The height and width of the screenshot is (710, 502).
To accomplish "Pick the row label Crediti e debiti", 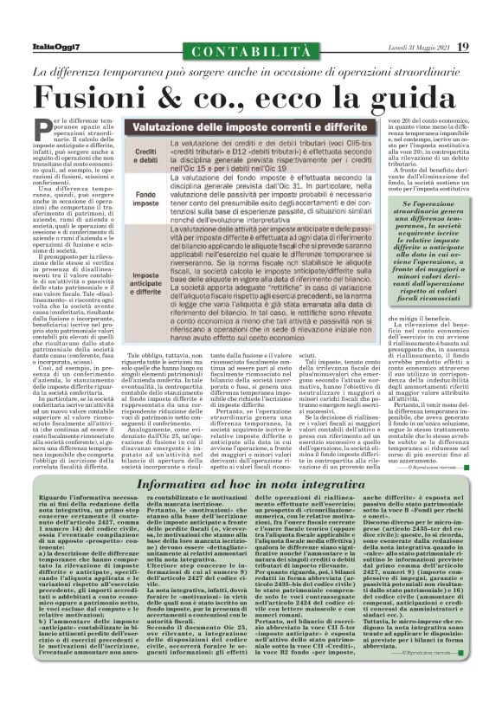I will point(125,156).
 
